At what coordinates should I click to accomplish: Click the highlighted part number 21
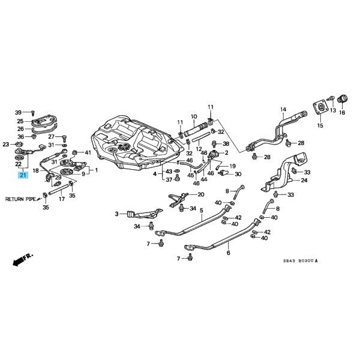click(x=23, y=175)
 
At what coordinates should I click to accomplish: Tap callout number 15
click(x=320, y=126)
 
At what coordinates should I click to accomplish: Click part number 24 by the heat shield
click(x=304, y=180)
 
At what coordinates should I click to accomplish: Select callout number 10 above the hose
click(x=194, y=116)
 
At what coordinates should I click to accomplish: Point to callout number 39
click(x=18, y=112)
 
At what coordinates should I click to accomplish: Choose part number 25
click(x=20, y=121)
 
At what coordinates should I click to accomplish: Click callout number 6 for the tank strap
click(x=229, y=253)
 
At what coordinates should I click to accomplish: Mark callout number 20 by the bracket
click(x=200, y=194)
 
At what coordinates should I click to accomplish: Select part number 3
click(x=117, y=213)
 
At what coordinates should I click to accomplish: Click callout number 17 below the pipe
click(x=61, y=199)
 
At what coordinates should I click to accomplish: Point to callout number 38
click(x=226, y=144)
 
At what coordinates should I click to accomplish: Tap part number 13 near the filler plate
click(x=332, y=111)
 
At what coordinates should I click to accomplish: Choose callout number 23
click(x=6, y=145)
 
